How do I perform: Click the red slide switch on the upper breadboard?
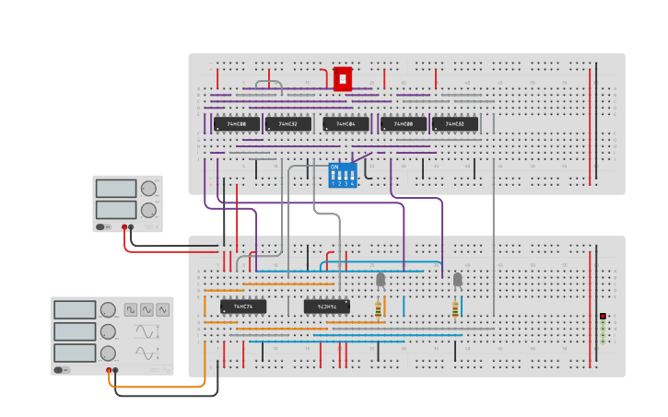click(343, 79)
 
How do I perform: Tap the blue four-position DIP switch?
click(342, 175)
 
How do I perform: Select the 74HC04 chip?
click(346, 123)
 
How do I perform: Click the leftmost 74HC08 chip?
click(237, 123)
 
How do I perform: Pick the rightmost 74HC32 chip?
click(455, 123)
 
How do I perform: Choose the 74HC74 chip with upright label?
click(243, 306)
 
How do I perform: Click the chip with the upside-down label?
click(327, 306)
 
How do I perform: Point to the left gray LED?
click(381, 279)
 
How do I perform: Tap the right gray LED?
click(457, 279)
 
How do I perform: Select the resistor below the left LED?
click(379, 308)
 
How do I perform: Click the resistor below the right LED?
click(455, 308)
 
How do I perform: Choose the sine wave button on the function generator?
click(147, 310)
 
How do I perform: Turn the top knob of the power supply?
click(148, 189)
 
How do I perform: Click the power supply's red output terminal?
click(124, 226)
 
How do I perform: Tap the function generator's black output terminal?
click(116, 370)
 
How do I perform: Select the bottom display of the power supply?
click(116, 210)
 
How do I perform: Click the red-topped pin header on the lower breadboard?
click(603, 316)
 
